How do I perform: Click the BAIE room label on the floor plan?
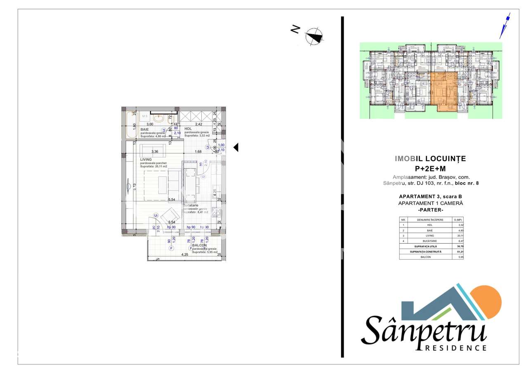click(144, 129)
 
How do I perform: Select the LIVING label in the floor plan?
click(146, 160)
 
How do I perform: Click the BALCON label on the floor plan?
click(199, 245)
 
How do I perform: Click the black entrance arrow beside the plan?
click(236, 147)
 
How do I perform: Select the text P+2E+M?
click(430, 168)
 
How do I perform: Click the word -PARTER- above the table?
click(430, 210)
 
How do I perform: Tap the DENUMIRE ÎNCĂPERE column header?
click(430, 220)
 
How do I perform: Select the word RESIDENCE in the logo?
click(455, 347)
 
